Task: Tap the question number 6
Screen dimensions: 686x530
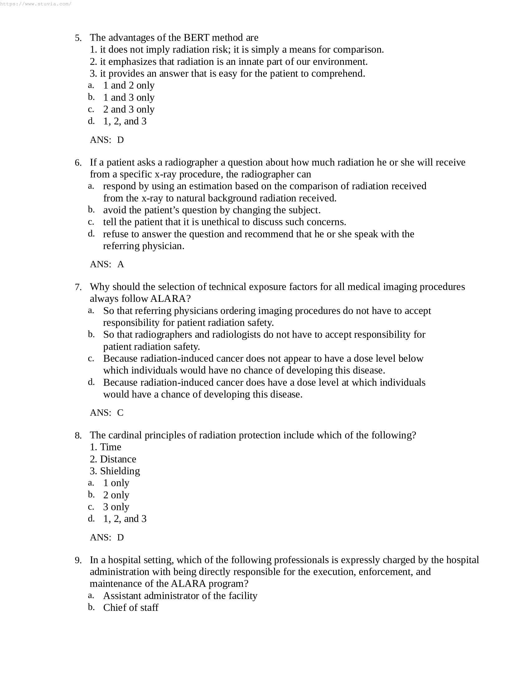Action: tap(78, 163)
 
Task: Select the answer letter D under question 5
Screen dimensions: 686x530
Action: tap(121, 140)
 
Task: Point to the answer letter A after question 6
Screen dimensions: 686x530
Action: tap(121, 264)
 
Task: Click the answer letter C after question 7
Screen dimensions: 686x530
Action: tap(120, 413)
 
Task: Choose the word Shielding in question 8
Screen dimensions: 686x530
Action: tap(120, 471)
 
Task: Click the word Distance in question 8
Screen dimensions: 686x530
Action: tap(118, 459)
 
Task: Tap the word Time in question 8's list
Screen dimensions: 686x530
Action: tap(111, 447)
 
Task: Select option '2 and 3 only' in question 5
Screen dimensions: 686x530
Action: tap(129, 109)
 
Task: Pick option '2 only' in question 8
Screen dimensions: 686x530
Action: tap(116, 495)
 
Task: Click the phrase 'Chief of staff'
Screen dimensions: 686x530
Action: tap(131, 608)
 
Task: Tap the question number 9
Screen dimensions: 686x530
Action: tap(78, 560)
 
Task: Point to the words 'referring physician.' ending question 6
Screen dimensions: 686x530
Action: tap(143, 246)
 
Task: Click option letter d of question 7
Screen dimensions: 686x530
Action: tap(91, 382)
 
